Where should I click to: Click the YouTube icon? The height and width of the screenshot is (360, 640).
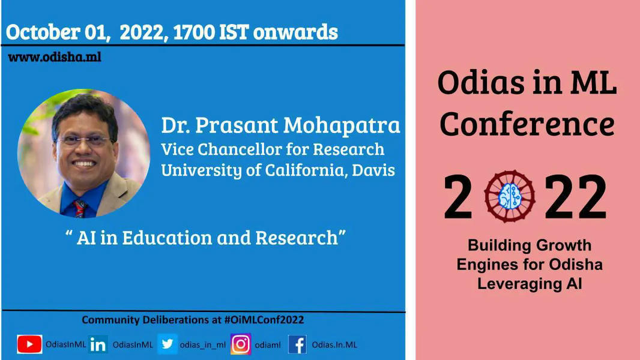(29, 344)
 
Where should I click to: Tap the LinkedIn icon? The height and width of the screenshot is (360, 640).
(98, 344)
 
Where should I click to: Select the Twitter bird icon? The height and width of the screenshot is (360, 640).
(168, 344)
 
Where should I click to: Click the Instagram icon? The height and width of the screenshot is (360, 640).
(241, 344)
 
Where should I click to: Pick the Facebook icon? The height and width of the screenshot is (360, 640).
(298, 344)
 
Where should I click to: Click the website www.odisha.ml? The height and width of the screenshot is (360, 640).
(54, 57)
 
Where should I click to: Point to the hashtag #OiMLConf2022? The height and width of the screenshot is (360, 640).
(264, 320)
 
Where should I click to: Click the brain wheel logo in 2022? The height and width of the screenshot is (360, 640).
(509, 196)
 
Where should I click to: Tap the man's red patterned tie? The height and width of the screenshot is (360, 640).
(80, 208)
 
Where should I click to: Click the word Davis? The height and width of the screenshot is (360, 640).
(373, 170)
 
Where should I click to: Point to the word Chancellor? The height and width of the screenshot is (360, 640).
(240, 149)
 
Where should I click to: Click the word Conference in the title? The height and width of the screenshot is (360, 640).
(527, 124)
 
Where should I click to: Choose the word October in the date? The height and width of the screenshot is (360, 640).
(43, 32)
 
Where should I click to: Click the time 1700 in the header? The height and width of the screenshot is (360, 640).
(194, 32)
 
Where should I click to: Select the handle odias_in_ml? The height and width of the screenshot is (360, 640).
(202, 345)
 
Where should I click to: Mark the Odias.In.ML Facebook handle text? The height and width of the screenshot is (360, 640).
(334, 345)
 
